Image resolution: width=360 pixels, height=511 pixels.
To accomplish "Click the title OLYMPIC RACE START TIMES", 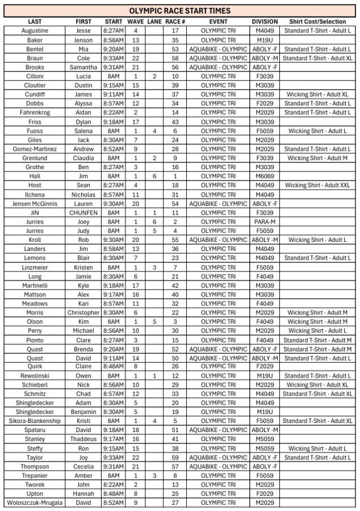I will click(x=179, y=11).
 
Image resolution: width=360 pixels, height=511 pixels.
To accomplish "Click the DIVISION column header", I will click(x=265, y=22).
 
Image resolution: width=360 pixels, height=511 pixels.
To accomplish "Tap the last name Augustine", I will click(x=35, y=31).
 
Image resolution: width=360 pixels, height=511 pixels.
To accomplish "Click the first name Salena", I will click(x=83, y=131).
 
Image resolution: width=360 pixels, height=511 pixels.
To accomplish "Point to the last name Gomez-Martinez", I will click(x=35, y=149).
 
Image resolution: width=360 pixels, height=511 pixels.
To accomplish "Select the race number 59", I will click(x=175, y=458).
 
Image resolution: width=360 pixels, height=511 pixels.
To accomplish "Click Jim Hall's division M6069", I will click(x=265, y=176).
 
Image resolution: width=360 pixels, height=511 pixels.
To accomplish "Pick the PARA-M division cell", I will click(x=265, y=221).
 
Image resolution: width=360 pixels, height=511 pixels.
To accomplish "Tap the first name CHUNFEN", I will click(x=83, y=212).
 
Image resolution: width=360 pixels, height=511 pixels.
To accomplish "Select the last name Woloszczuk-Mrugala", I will click(x=35, y=503).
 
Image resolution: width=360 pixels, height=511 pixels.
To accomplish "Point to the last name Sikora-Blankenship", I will click(x=35, y=421).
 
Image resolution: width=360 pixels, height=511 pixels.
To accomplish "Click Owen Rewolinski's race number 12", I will click(x=175, y=376).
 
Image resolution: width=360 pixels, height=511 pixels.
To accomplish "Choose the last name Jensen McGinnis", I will click(x=35, y=203).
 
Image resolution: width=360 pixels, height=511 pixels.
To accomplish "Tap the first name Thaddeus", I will click(x=83, y=439).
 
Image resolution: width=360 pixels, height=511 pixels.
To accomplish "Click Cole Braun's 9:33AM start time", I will click(x=114, y=58).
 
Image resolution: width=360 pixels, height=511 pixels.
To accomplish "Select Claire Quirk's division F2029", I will click(x=265, y=367).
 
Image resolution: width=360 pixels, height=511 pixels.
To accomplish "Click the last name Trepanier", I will click(x=35, y=476).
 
